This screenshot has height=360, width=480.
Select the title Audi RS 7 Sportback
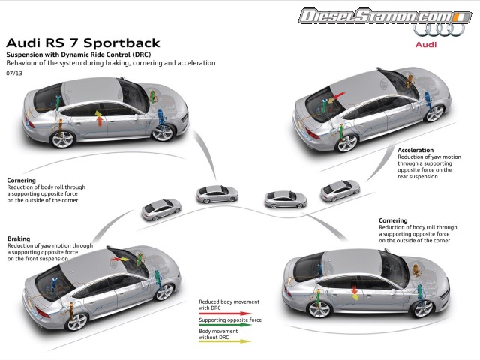coord(82,43)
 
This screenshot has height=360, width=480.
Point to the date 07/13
coord(13,73)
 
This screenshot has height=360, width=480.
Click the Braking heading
coord(19,238)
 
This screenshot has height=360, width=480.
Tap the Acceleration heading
coord(415,150)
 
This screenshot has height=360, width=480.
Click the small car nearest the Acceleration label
coord(340,190)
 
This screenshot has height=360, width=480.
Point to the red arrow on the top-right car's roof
coord(333,97)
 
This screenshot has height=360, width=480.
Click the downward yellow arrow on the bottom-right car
coord(355,292)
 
